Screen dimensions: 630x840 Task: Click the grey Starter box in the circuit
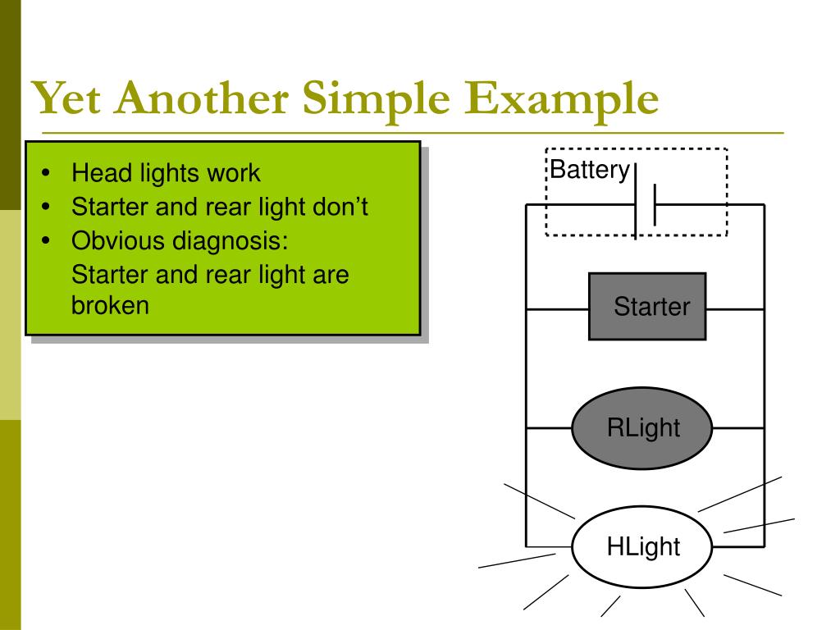[647, 307]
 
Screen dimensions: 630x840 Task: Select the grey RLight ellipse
[642, 427]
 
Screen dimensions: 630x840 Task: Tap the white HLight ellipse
[642, 546]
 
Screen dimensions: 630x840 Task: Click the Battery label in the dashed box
[589, 171]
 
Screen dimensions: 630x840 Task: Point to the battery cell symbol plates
[645, 205]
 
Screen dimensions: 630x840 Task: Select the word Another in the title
[198, 100]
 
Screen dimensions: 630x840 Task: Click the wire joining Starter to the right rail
[734, 309]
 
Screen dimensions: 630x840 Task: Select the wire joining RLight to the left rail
[548, 427]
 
